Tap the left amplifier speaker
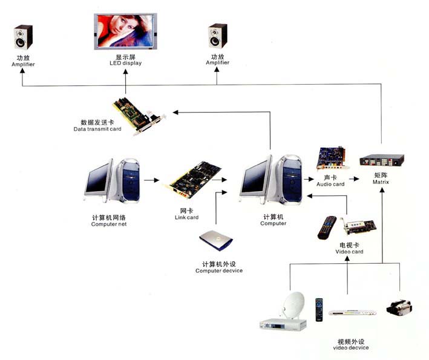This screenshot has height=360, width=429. pyautogui.click(x=23, y=37)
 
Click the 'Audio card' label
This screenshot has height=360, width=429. pyautogui.click(x=330, y=184)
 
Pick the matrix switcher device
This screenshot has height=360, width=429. pyautogui.click(x=382, y=162)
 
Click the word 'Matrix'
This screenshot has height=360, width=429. pyautogui.click(x=381, y=182)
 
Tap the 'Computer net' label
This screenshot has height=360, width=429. pyautogui.click(x=109, y=224)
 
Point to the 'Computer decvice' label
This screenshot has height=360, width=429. pyautogui.click(x=218, y=270)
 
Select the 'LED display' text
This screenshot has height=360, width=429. pyautogui.click(x=125, y=63)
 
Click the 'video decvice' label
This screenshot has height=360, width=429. pyautogui.click(x=351, y=348)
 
